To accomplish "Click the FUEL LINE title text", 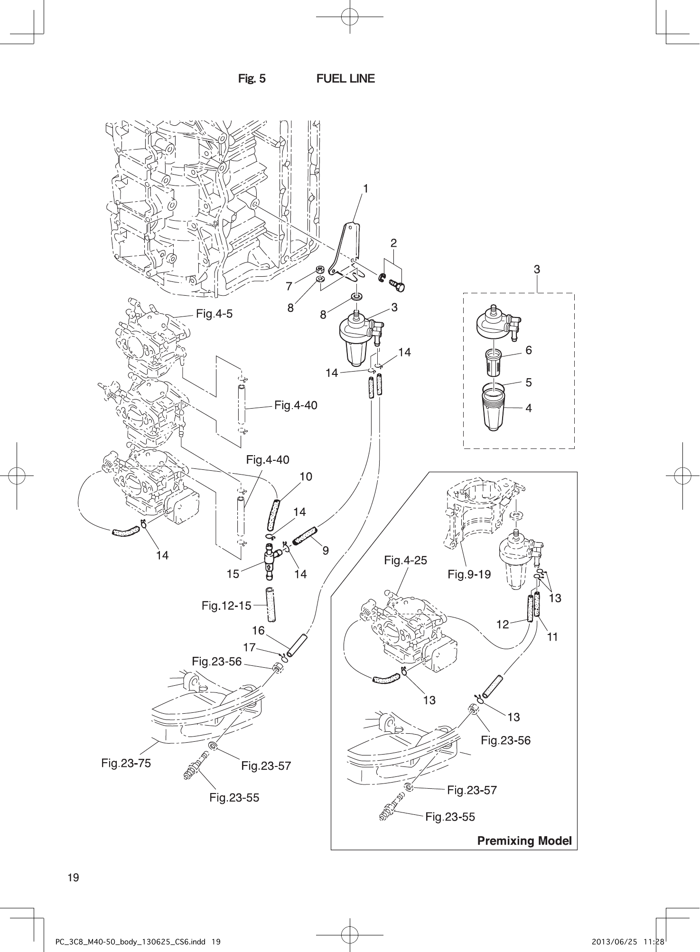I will (x=345, y=79).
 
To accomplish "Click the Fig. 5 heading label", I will (x=252, y=79).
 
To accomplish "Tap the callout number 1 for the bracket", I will (x=365, y=188).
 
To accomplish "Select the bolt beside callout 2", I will (x=397, y=285).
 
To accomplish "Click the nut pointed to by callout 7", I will (x=320, y=270).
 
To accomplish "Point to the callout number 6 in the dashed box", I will (x=528, y=350).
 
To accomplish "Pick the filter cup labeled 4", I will (x=494, y=409).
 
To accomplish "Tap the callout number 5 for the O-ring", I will (x=528, y=382).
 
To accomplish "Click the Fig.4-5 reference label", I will (x=215, y=314).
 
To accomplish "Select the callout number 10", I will (x=306, y=476).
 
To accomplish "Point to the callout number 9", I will (x=326, y=551).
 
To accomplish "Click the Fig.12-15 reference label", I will (x=226, y=606).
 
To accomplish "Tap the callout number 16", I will (x=258, y=630).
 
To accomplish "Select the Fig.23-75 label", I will (x=126, y=763).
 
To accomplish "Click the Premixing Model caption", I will (x=524, y=841).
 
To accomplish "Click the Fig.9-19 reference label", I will (x=469, y=574).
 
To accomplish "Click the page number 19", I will (x=74, y=877).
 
